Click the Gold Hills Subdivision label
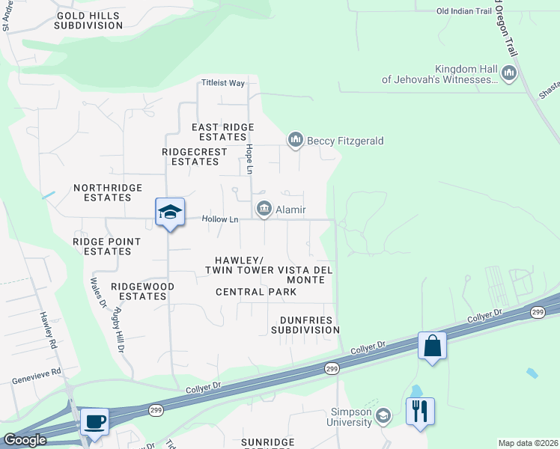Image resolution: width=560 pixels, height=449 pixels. [88, 20]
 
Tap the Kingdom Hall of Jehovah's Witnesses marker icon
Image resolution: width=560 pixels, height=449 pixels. [510, 73]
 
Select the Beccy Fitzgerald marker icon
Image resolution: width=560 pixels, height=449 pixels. [295, 140]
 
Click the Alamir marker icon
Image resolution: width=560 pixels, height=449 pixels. [264, 210]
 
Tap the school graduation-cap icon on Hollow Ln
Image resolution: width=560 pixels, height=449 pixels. [170, 213]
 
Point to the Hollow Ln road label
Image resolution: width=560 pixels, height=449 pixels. [220, 219]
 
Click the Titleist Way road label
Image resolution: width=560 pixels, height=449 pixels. [223, 83]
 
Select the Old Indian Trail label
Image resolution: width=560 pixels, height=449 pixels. [464, 11]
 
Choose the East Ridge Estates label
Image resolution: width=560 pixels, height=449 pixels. [223, 132]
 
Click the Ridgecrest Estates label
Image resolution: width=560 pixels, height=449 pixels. [195, 156]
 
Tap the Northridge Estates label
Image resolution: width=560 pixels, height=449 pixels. [102, 193]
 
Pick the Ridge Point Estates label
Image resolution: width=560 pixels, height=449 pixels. [107, 246]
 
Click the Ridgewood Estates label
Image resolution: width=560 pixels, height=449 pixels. [142, 291]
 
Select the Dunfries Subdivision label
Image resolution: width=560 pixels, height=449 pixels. [305, 325]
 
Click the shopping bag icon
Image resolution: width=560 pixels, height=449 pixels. [432, 346]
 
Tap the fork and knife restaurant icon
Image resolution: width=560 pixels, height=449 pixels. [420, 411]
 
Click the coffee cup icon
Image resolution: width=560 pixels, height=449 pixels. [95, 421]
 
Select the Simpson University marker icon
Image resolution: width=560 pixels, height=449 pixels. [383, 415]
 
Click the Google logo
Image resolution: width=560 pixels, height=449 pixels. [25, 440]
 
